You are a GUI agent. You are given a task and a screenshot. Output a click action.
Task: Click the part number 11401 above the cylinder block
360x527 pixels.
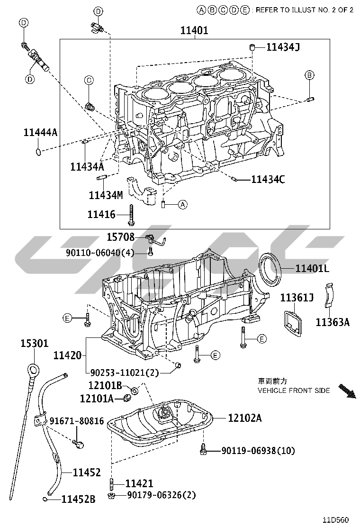click(194, 31)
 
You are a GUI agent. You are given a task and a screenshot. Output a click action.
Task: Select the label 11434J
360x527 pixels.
click(283, 46)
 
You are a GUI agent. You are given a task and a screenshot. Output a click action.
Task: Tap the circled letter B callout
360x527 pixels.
click(309, 75)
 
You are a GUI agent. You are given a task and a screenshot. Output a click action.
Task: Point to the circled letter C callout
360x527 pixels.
click(89, 81)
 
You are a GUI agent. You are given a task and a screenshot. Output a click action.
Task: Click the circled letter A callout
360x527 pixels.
click(183, 205)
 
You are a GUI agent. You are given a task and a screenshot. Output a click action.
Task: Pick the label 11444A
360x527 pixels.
click(40, 133)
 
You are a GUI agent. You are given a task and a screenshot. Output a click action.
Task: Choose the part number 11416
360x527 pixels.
click(101, 215)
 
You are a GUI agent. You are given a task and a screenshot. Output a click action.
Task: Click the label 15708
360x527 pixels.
click(120, 237)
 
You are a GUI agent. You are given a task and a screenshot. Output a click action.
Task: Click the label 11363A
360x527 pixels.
click(333, 323)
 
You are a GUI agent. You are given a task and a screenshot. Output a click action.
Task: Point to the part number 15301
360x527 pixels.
click(34, 343)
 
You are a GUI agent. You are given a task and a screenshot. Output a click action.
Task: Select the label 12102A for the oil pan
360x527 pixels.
click(244, 418)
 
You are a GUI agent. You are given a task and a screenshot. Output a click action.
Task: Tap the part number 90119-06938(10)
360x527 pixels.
click(258, 451)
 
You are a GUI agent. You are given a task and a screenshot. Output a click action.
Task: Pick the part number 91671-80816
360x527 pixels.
click(77, 421)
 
